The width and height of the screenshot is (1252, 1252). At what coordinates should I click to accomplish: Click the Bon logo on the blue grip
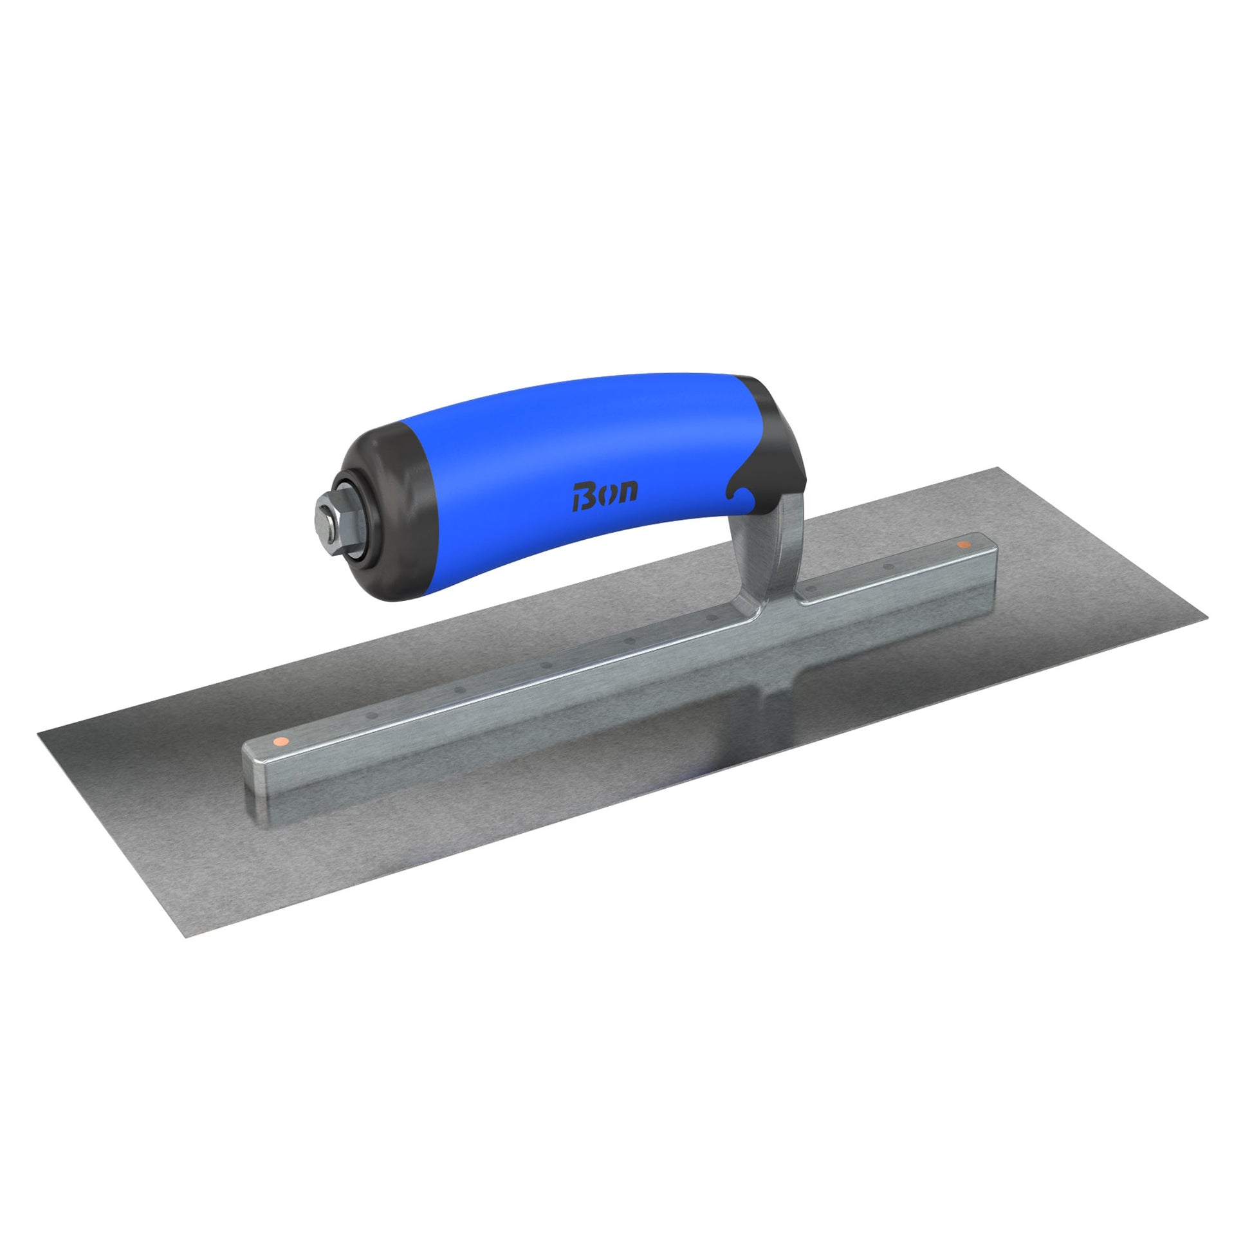click(x=605, y=496)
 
